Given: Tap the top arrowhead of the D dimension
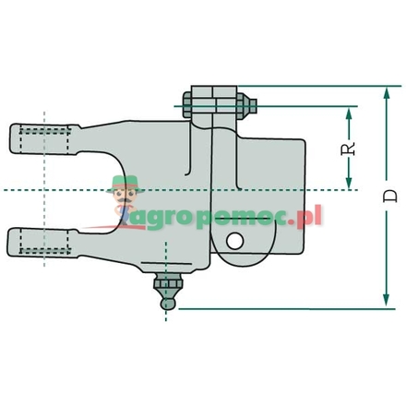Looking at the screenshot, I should tap(382, 90).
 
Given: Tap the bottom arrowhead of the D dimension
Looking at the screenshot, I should tap(382, 302).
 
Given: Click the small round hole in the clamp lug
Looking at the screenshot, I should tap(237, 241).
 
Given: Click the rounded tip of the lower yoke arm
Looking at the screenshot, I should tap(13, 244).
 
